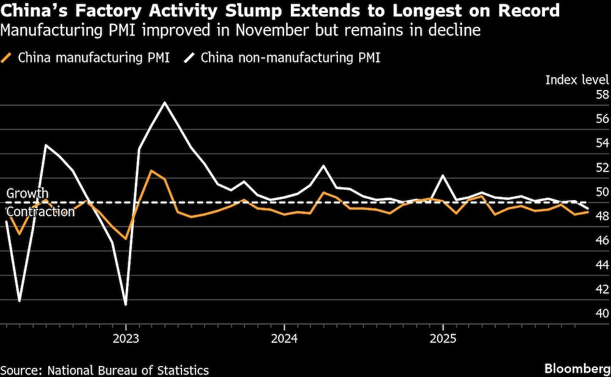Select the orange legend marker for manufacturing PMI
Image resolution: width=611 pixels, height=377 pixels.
point(8,58)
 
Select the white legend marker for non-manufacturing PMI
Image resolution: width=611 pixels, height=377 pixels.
point(191,58)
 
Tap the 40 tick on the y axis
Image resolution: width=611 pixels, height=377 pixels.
point(602,313)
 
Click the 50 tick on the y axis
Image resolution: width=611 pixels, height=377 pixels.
point(602,192)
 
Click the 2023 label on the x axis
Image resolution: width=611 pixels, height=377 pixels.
point(126,337)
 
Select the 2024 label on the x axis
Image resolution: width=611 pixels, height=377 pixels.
point(284,337)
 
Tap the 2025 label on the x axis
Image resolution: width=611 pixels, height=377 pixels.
point(442,337)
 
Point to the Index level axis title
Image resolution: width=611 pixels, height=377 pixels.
point(577,79)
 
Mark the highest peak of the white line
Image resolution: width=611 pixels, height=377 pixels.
point(164,102)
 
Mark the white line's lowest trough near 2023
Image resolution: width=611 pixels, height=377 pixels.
point(126,304)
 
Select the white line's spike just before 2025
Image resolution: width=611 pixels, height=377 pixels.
point(442,176)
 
